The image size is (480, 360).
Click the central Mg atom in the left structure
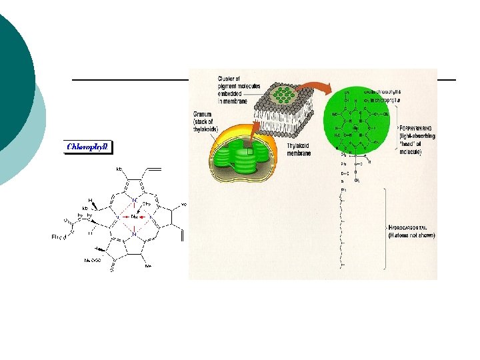tap(134, 215)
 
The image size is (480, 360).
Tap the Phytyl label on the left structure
tap(59, 235)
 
